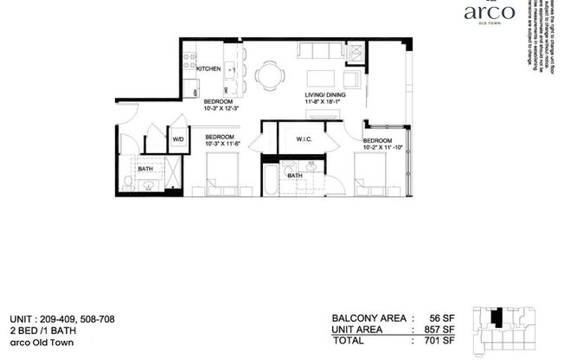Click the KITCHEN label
208,68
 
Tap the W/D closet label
177,138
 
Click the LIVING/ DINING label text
325,95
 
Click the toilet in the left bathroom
128,182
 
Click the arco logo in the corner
490,13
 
